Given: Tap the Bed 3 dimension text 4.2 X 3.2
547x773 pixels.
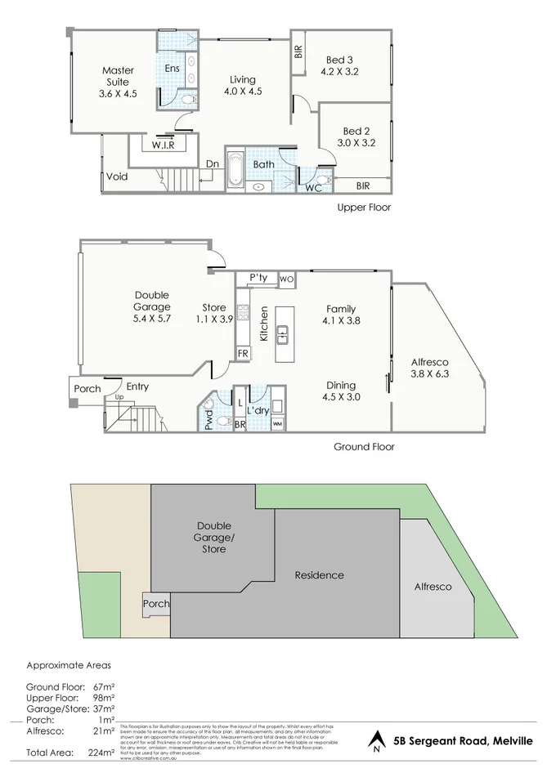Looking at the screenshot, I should point(339,72).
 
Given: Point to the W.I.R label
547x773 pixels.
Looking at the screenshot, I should point(163,145).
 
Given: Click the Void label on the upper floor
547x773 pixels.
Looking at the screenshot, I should point(116,176).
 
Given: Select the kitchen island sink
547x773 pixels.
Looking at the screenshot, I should point(283,333).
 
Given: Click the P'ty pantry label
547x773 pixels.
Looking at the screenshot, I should point(258,278).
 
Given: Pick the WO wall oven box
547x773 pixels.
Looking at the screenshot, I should point(286,279).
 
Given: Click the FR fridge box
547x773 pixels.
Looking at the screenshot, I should point(243,353).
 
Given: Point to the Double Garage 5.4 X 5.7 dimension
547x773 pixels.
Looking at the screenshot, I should point(152,319).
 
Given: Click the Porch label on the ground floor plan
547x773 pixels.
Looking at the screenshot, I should point(87,388).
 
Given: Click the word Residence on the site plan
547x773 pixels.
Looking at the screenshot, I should point(319,575).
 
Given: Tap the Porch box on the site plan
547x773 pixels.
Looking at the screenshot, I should point(155,604).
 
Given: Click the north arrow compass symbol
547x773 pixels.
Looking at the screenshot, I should point(376,742).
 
